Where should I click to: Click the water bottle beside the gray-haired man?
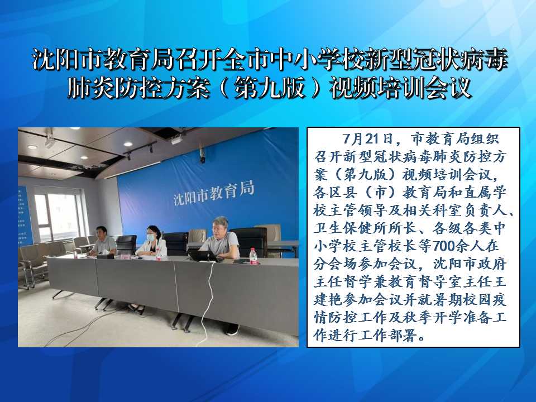253,256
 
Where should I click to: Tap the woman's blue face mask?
151,236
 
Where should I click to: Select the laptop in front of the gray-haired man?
202,256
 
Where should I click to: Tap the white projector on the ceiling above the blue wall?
176,140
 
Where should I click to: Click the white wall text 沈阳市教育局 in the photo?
214,194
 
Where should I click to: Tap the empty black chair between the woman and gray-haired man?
176,243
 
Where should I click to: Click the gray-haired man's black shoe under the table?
232,329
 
